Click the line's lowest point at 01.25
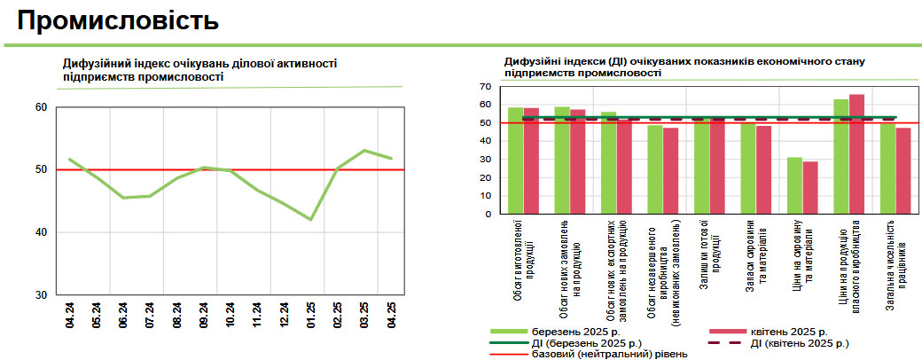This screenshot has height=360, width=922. [x=311, y=219]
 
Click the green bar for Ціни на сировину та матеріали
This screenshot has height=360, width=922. [x=795, y=185]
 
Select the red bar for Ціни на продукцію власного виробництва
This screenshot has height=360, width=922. [x=856, y=153]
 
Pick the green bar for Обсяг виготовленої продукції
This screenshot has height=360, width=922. [x=516, y=160]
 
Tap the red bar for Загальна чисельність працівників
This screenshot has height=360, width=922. [x=903, y=170]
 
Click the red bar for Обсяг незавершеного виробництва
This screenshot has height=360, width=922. [x=670, y=170]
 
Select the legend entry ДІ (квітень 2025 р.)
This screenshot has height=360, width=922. [x=799, y=342]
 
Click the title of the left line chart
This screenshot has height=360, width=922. [x=199, y=70]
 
